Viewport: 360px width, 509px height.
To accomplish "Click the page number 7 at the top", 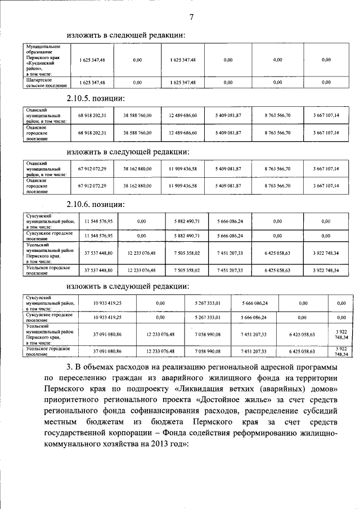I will (191, 17).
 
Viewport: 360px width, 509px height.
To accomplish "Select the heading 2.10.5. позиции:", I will (95, 98).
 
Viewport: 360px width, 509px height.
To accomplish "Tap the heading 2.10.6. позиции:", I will (95, 204).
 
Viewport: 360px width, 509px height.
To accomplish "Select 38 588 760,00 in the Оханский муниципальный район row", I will (137, 115).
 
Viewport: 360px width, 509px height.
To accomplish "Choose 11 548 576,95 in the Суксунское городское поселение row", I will (99, 236).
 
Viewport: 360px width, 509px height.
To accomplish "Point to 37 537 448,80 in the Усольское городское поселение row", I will (99, 271).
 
